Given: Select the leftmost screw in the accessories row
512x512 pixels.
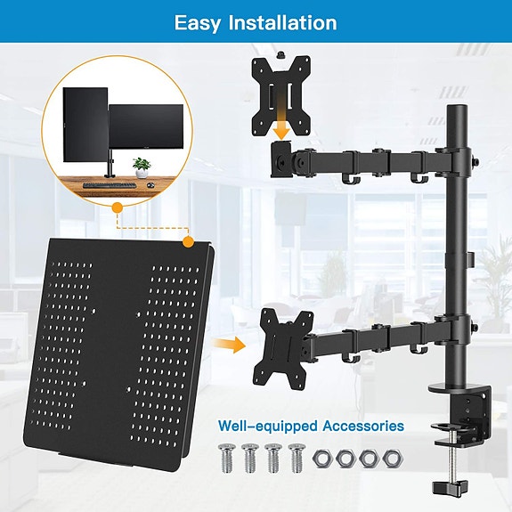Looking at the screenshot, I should click(x=224, y=458).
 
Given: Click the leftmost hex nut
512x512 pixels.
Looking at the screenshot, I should click(x=321, y=459).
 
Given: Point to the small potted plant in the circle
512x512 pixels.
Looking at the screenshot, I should click(x=140, y=166).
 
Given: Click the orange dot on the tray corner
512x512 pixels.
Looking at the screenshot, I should click(x=187, y=241).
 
